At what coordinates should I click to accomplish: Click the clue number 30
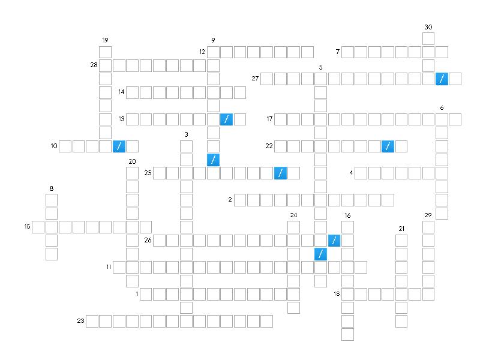tap(428, 27)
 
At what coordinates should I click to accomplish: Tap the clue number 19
tap(105, 40)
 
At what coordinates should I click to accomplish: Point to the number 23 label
tap(80, 320)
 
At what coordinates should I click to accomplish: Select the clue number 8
tap(52, 188)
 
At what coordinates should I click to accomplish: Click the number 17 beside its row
tap(269, 118)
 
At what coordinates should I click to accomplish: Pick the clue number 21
tap(401, 229)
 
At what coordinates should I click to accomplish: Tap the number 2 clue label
tap(230, 200)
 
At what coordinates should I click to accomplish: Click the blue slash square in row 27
tap(442, 79)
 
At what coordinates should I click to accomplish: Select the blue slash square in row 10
tap(119, 146)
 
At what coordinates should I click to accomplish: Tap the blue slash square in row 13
tap(227, 119)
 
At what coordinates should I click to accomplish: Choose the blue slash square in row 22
tap(388, 146)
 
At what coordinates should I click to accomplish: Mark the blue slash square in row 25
tap(280, 173)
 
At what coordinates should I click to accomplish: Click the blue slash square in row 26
tap(334, 241)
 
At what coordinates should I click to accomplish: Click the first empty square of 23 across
tap(92, 322)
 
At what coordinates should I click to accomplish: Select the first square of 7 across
tap(347, 52)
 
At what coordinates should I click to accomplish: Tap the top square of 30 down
tap(428, 38)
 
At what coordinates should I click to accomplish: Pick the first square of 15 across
tap(38, 227)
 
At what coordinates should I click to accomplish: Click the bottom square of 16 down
tap(347, 335)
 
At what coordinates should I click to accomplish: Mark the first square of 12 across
tap(213, 52)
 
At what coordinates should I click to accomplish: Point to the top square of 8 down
tap(52, 200)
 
